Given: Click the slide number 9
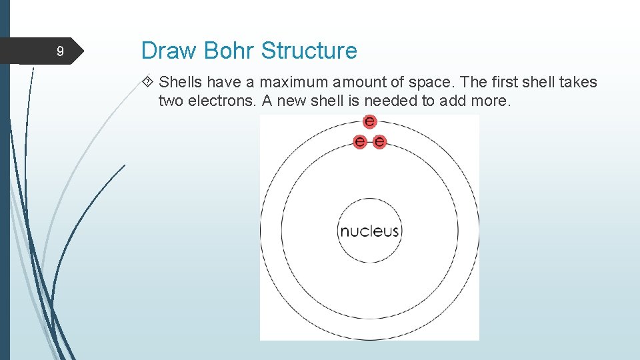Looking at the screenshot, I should (x=60, y=51).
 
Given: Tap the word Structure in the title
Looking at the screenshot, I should (x=309, y=51).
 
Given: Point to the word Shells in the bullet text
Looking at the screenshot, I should (x=181, y=83).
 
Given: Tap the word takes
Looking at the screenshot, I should (x=578, y=83).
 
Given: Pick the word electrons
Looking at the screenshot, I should (x=217, y=101).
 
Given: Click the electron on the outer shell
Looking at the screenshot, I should (x=369, y=121).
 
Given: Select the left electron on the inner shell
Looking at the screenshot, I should (x=360, y=141).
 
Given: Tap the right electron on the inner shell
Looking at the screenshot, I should (x=379, y=141).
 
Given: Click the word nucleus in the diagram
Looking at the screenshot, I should (x=369, y=231).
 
